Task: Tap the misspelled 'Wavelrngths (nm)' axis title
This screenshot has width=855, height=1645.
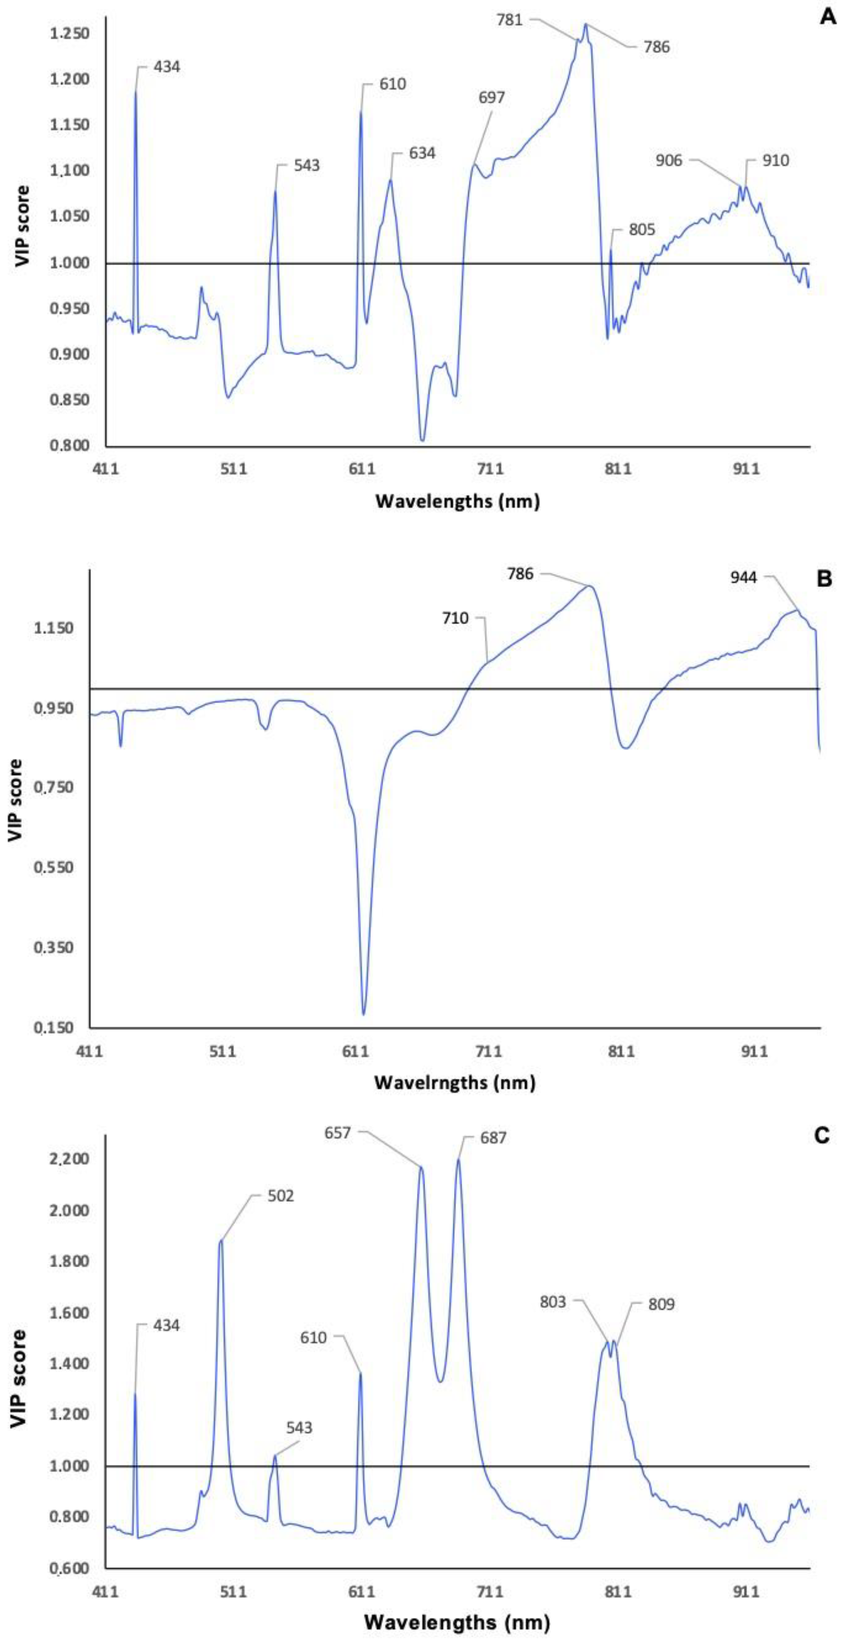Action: coord(455,1083)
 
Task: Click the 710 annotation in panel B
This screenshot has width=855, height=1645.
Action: coord(455,618)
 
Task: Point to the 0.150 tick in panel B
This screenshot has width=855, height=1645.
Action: coord(54,1028)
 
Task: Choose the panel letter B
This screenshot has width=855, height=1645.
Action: coord(824,579)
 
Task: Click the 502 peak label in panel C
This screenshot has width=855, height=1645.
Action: coord(281,1196)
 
